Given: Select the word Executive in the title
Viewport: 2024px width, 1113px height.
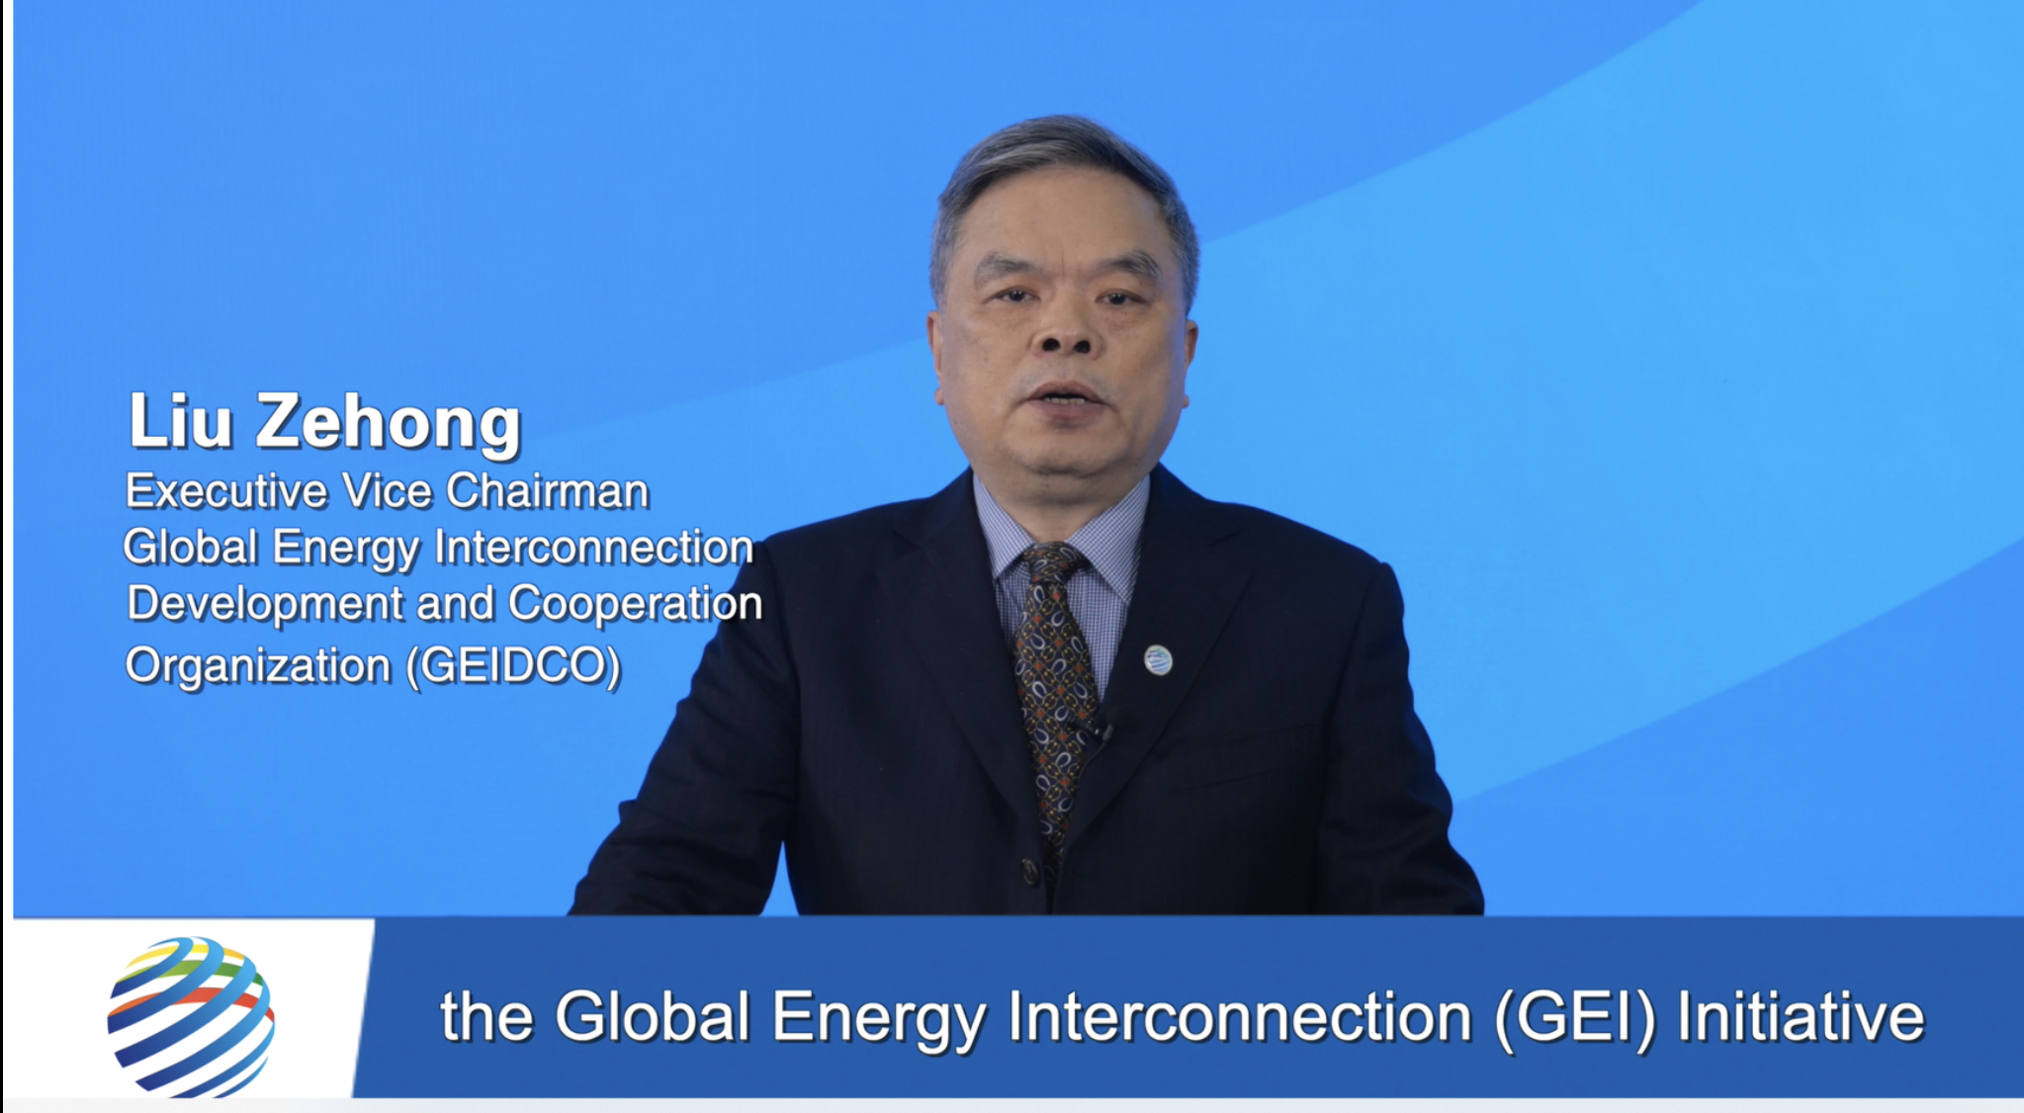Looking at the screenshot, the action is tap(225, 491).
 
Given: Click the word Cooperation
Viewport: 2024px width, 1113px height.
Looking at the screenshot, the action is tap(635, 605).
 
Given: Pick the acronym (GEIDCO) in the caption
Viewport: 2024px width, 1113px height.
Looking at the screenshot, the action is tap(514, 665).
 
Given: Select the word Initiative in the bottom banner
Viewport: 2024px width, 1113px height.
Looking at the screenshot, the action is tap(1801, 1016).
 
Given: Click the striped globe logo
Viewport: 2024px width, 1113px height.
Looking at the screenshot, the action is tap(191, 1017).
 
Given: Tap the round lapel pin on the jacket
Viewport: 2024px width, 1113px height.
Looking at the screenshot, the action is tap(1158, 659).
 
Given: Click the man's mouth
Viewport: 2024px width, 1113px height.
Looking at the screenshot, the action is tap(1066, 397).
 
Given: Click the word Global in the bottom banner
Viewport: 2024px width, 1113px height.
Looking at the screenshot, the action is tap(653, 1016).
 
